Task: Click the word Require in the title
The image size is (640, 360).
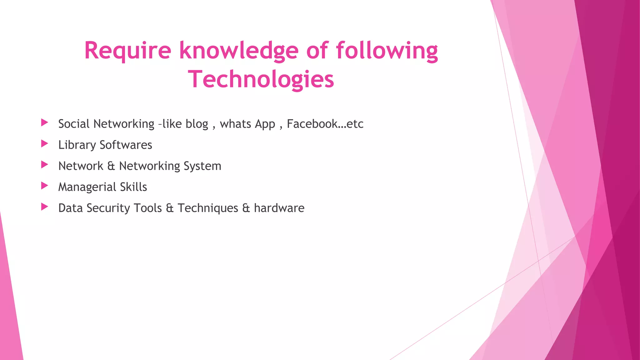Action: [127, 51]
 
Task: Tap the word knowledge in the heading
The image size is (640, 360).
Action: [239, 51]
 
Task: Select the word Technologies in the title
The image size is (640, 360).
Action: [261, 79]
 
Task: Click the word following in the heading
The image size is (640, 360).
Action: [387, 51]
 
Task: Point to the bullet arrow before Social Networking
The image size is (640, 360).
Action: [45, 122]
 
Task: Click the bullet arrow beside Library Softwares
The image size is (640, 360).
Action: [45, 144]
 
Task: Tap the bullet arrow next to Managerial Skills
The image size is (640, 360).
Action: [45, 186]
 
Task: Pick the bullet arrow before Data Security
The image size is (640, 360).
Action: [45, 207]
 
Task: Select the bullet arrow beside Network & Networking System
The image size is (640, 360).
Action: [45, 165]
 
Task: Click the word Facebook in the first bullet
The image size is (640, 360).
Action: [312, 124]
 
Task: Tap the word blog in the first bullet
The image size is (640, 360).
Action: [197, 124]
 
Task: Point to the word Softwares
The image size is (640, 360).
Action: [126, 145]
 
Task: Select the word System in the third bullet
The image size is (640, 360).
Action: [202, 166]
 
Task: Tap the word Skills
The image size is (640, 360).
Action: [133, 187]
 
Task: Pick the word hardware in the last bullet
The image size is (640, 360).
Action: [279, 208]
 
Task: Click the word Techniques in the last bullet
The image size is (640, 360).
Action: [208, 208]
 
